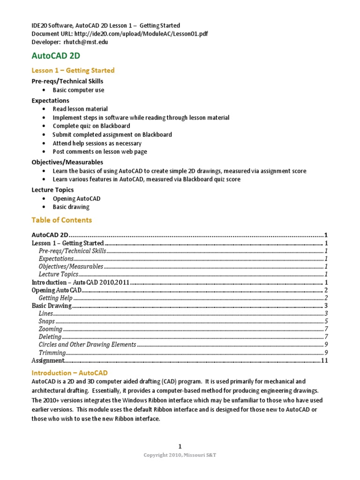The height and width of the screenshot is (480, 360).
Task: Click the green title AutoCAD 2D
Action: coord(56,56)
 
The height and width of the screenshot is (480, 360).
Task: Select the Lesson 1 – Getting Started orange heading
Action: coord(73,70)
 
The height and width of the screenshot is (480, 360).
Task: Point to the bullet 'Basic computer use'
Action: coord(78,90)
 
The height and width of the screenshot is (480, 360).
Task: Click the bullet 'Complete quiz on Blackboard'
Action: coord(91,126)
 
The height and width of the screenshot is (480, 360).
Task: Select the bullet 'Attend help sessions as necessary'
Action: coord(97,143)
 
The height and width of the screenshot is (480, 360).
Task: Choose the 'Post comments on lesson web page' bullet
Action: coord(100,152)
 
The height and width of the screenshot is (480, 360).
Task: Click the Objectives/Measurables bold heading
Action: coord(67,162)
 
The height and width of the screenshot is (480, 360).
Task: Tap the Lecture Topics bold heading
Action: coord(52,190)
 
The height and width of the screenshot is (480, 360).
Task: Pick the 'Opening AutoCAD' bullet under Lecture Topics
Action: coord(76,199)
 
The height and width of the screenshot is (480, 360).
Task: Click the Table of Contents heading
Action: coord(61,220)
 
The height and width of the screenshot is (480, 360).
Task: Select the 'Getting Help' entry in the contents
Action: coord(55,298)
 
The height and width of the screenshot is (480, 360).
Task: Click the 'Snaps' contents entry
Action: coord(46,322)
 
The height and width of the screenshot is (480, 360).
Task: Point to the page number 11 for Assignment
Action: coord(324,360)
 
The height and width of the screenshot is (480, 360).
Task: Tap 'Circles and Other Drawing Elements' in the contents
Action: coord(87,345)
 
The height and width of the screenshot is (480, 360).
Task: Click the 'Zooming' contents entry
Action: coord(50,329)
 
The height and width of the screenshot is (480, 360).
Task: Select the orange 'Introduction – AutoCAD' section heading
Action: coord(69,373)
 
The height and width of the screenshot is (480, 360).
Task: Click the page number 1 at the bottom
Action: coord(180,447)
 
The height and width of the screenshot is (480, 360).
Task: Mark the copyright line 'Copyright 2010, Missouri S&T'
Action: coord(180,456)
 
